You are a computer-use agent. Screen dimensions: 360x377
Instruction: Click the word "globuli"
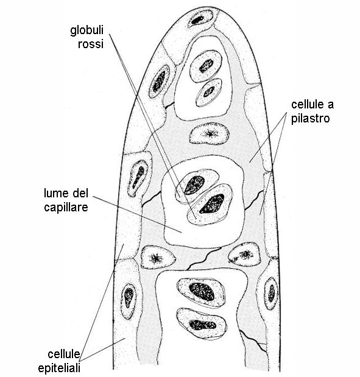pyautogui.click(x=87, y=31)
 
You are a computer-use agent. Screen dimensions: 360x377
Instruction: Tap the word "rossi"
pyautogui.click(x=91, y=44)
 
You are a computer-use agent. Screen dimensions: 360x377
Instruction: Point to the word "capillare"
pyautogui.click(x=66, y=208)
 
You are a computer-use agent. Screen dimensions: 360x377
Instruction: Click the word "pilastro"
pyautogui.click(x=310, y=119)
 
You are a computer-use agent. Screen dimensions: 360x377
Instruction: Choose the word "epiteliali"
pyautogui.click(x=59, y=368)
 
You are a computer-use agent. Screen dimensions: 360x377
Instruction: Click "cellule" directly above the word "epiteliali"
pyautogui.click(x=64, y=354)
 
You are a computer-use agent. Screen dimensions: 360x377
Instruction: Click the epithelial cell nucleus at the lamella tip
pyautogui.click(x=200, y=18)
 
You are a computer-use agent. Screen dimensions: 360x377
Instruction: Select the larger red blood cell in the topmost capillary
pyautogui.click(x=206, y=66)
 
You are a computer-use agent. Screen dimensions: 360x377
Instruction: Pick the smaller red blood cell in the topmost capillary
pyautogui.click(x=209, y=92)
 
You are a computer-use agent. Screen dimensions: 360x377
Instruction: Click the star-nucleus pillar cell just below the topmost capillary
pyautogui.click(x=209, y=133)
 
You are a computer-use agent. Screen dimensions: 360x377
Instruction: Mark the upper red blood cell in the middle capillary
pyautogui.click(x=197, y=185)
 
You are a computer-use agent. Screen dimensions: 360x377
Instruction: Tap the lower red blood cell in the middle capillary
pyautogui.click(x=210, y=204)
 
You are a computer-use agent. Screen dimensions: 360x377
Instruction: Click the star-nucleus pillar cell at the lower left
pyautogui.click(x=158, y=258)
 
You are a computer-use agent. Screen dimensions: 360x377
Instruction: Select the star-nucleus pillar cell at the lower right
pyautogui.click(x=244, y=255)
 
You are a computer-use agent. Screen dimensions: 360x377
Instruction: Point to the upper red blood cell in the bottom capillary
pyautogui.click(x=201, y=292)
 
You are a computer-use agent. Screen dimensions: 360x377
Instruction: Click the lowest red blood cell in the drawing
pyautogui.click(x=202, y=323)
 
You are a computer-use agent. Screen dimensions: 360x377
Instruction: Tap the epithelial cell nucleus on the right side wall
pyautogui.click(x=272, y=294)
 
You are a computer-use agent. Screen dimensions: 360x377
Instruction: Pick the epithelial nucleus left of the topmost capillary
pyautogui.click(x=159, y=81)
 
